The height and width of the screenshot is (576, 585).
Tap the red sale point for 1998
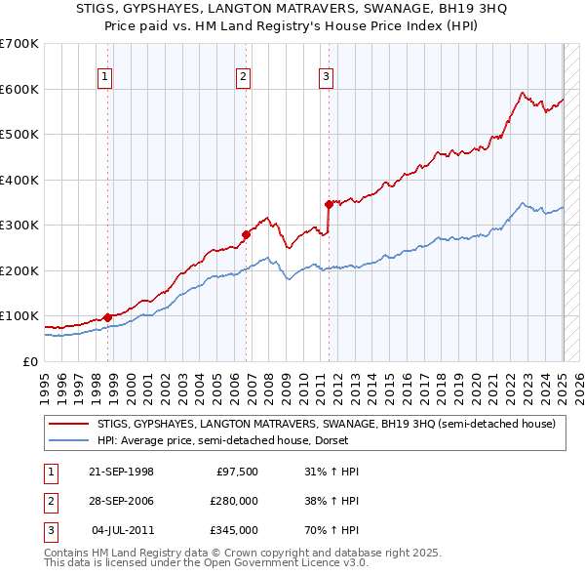click(x=106, y=316)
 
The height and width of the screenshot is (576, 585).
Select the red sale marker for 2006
click(x=246, y=234)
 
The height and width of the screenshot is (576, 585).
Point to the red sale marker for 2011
click(x=329, y=204)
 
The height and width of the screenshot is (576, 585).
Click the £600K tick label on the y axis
click(x=19, y=89)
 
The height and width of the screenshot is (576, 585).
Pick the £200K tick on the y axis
click(x=19, y=270)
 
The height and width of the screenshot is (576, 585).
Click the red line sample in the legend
click(x=68, y=424)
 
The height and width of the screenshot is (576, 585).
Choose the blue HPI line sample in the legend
click(x=68, y=440)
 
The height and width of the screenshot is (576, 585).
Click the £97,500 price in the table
click(x=236, y=472)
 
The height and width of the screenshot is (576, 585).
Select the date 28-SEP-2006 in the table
click(x=121, y=501)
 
